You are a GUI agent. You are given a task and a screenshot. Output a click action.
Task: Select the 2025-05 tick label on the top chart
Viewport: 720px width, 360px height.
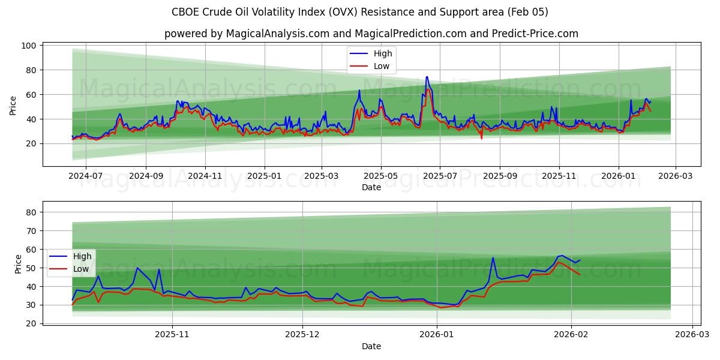(x=380, y=176)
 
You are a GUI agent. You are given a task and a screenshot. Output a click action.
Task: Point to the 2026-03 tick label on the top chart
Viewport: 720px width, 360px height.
(x=676, y=176)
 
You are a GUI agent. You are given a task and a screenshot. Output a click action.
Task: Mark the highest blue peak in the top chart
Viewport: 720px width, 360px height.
(x=427, y=77)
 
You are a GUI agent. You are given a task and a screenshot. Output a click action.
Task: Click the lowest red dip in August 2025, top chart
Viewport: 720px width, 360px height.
(x=481, y=139)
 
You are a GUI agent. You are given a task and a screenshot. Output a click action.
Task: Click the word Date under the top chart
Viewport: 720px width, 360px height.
(x=371, y=188)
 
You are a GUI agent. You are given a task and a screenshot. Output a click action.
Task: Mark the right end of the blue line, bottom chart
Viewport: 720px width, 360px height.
(x=580, y=260)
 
